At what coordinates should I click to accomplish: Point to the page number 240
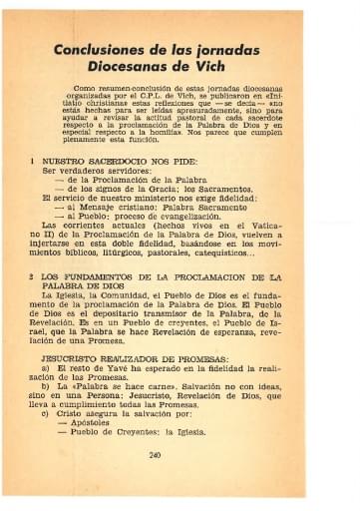tap(180, 455)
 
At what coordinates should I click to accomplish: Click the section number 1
tap(34, 158)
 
